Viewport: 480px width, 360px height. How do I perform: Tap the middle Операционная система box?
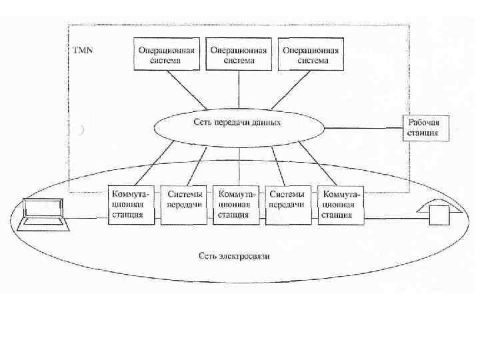(x=239, y=55)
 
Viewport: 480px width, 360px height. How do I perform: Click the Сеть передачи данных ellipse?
(x=237, y=123)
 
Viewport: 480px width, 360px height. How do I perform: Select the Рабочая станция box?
(x=424, y=127)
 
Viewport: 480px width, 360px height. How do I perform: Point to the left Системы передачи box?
(x=184, y=204)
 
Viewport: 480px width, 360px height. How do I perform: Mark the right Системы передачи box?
(x=287, y=204)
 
